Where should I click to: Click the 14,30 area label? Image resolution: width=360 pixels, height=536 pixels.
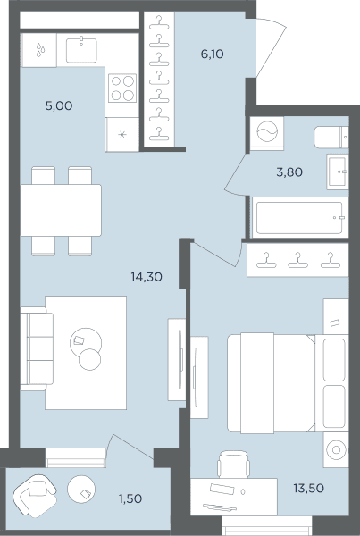tap(147, 277)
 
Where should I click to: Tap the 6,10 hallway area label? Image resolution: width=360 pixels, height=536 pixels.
tap(213, 54)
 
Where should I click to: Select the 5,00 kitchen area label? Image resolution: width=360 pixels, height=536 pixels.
tap(59, 106)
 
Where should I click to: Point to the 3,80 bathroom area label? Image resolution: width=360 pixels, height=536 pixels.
tap(289, 172)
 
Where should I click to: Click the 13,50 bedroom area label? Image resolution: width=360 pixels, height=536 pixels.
tap(309, 488)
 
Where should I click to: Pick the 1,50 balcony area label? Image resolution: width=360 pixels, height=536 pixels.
tap(130, 498)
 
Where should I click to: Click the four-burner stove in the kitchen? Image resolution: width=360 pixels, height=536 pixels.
tap(122, 88)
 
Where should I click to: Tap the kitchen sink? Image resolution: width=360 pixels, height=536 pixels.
tap(81, 50)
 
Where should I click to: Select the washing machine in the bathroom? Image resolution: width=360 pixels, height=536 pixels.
tap(267, 132)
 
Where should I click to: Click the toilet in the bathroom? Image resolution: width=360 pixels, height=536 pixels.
tap(331, 137)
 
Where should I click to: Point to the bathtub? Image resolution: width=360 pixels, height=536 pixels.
tap(300, 218)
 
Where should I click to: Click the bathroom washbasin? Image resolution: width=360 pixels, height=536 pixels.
tap(338, 172)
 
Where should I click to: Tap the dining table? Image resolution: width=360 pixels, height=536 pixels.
tap(61, 210)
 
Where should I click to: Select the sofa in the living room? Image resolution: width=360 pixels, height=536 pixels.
tap(37, 348)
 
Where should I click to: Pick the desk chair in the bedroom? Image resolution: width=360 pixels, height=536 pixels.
tap(233, 465)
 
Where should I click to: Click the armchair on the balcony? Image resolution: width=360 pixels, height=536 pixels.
tap(35, 495)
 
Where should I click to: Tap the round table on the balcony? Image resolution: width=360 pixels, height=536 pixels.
tap(81, 490)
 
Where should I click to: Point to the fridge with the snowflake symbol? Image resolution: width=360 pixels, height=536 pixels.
tap(122, 135)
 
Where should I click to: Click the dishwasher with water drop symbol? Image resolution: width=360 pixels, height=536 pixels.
tap(38, 50)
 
